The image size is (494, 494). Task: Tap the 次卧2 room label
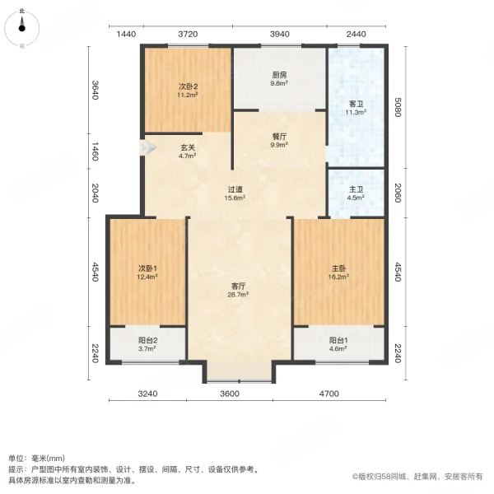point(188,86)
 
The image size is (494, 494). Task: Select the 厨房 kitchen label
point(279,74)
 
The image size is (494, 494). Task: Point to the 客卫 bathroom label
point(357,104)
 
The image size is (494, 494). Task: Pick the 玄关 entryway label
point(187,148)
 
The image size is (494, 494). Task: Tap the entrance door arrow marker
point(149,148)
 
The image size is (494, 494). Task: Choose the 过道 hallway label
point(235,189)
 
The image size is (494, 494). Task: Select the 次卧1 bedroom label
point(148,268)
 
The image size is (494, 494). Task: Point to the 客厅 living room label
point(240,286)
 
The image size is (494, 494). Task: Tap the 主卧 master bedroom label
point(339,268)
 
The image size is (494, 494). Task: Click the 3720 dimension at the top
point(189,34)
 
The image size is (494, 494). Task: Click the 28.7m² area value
point(240,294)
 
